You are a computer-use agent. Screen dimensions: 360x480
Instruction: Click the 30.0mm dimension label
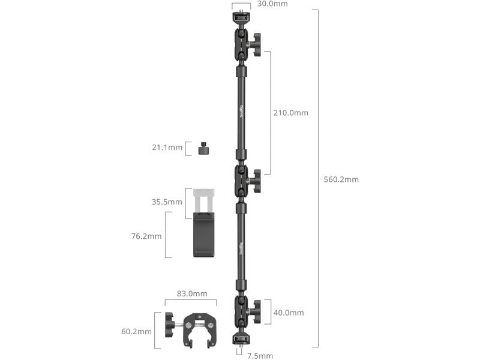(272, 4)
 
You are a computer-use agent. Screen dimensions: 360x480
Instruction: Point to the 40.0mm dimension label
(289, 313)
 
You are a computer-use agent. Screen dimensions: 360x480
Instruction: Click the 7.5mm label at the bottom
(260, 356)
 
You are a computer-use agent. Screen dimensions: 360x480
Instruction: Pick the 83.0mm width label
(192, 293)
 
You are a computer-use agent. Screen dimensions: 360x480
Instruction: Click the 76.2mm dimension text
(146, 236)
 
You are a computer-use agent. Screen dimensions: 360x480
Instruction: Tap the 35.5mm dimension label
(167, 202)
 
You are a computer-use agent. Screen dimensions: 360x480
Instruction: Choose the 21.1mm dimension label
(167, 148)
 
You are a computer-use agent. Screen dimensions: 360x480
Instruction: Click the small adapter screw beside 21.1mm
(203, 148)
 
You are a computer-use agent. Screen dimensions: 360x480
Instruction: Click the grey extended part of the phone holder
(203, 199)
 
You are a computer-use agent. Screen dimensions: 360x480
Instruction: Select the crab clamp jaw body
(198, 328)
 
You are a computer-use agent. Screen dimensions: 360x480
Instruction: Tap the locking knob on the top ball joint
(256, 45)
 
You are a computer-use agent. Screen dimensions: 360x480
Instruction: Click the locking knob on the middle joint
(256, 181)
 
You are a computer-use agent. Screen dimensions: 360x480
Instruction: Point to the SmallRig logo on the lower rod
(241, 248)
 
